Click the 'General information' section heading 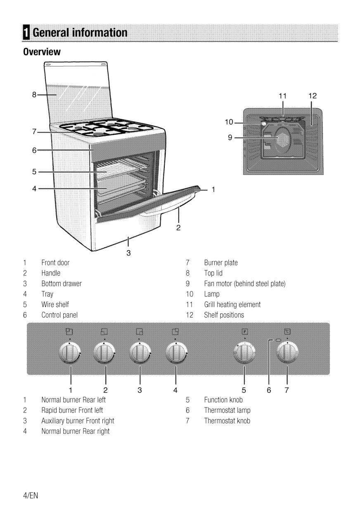pos(80,32)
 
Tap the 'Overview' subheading pos(42,52)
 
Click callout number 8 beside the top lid pos(34,95)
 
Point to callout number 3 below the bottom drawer pos(128,253)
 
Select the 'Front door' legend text pos(55,263)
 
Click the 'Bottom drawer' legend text pos(62,284)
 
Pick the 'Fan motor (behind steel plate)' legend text pos(245,284)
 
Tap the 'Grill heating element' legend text pos(232,305)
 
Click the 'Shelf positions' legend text pos(224,315)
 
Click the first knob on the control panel pos(70,353)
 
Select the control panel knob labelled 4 pos(176,353)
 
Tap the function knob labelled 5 pos(244,353)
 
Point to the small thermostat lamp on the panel pos(278,340)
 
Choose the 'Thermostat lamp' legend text pos(227,410)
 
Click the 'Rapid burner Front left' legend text pos(72,410)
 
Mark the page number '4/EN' pos(31,495)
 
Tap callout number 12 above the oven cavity pos(312,96)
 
